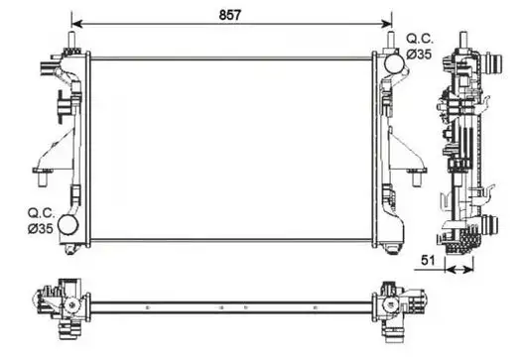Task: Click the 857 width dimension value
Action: pos(229,15)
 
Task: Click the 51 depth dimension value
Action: pos(428,260)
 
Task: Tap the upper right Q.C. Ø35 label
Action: pos(420,47)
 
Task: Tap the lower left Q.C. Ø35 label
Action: pos(41,220)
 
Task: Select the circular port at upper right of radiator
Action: pos(395,63)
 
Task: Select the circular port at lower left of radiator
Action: pos(67,224)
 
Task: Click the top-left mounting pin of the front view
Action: pos(71,40)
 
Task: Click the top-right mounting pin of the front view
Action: pos(391,40)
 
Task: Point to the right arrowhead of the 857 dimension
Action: pos(387,24)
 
